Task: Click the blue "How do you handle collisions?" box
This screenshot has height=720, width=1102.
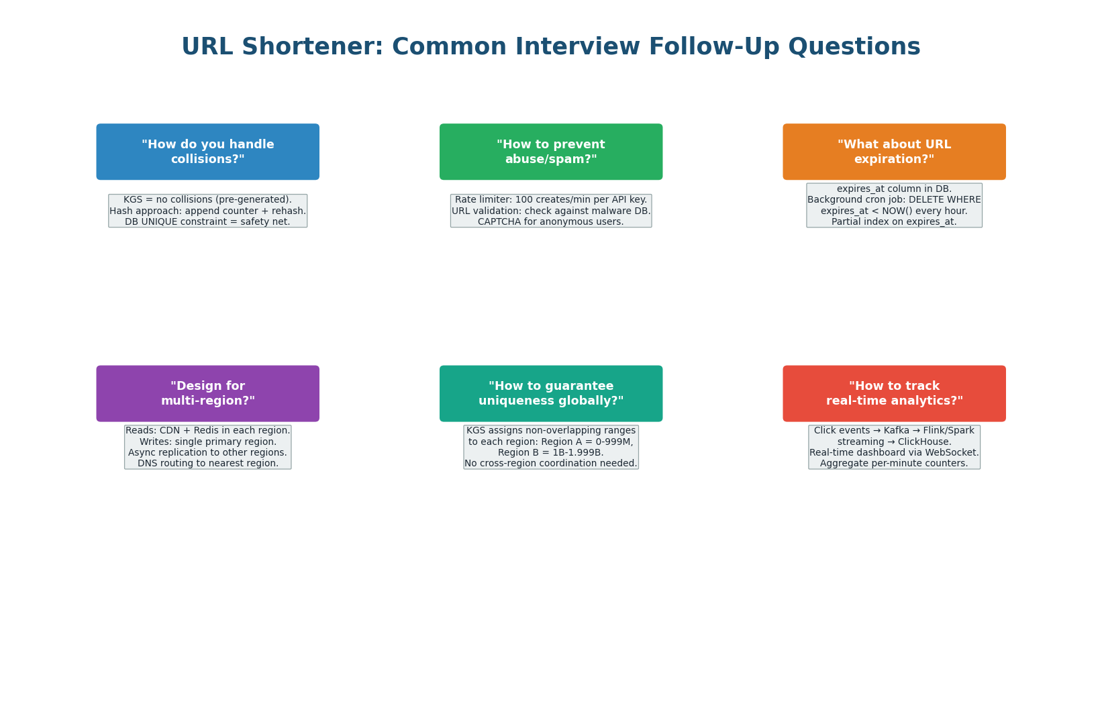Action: coord(207,152)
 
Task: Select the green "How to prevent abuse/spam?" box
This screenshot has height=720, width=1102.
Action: coord(550,152)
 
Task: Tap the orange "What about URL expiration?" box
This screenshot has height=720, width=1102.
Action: coord(894,152)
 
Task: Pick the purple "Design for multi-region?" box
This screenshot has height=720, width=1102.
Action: coord(207,394)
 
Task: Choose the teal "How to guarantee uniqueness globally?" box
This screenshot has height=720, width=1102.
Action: coord(550,394)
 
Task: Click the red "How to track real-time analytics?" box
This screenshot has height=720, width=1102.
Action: coord(894,394)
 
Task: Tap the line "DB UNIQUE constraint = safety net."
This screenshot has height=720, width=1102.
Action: coord(207,222)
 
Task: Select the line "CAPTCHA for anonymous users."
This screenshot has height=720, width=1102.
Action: coord(550,222)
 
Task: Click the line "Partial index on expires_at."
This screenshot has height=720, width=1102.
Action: coord(894,222)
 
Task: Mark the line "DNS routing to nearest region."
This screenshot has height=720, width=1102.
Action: coord(207,464)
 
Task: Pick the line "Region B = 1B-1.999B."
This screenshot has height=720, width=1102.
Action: coord(550,453)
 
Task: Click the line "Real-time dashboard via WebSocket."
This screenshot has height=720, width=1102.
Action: coord(894,453)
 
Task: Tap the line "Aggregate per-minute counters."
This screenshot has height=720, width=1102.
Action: coord(894,464)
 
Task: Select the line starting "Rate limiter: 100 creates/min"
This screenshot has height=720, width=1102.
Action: coord(550,200)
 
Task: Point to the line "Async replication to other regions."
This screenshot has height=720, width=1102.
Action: coord(207,453)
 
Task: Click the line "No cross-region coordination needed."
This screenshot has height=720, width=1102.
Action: coord(550,464)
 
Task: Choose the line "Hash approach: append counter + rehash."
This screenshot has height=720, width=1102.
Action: coord(207,211)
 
